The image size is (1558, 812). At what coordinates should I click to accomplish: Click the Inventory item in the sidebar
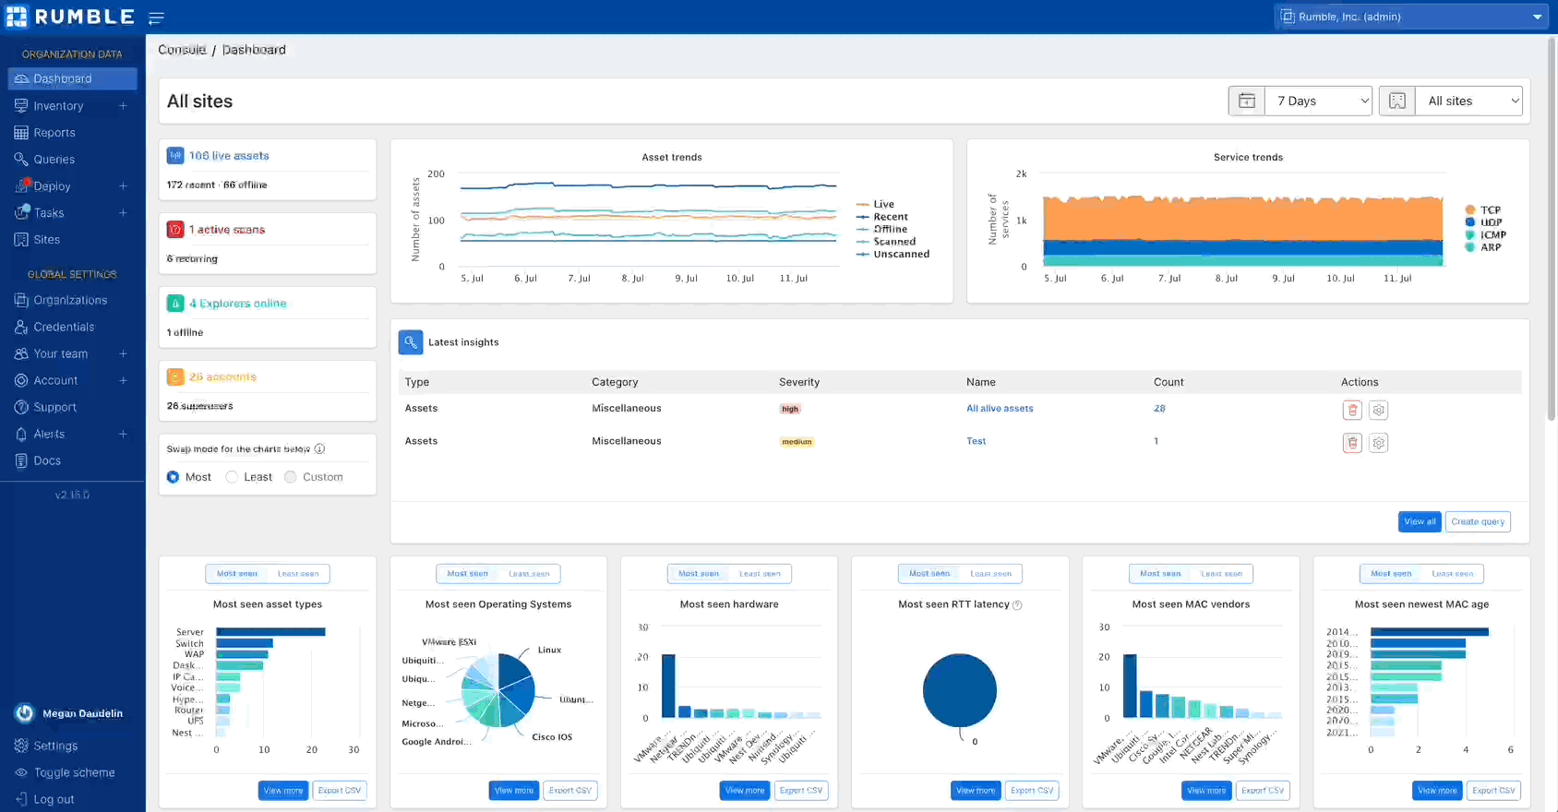[58, 106]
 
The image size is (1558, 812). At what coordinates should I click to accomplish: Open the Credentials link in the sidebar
[64, 327]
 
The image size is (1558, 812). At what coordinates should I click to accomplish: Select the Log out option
[54, 799]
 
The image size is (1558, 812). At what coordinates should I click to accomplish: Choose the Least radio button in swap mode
[233, 477]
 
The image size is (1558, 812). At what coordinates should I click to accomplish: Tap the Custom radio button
[291, 477]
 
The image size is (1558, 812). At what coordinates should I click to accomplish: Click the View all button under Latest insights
[1419, 521]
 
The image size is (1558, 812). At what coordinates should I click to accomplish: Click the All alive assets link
[1000, 408]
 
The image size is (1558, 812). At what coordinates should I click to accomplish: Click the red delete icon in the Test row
[1352, 443]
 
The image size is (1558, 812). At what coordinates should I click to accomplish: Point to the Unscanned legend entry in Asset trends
[901, 254]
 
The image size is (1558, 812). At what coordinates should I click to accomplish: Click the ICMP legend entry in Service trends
[1492, 234]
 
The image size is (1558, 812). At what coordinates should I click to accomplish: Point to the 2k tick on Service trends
[1021, 173]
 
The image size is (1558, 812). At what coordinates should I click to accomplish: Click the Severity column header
[798, 382]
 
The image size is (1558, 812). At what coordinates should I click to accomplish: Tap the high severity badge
[790, 409]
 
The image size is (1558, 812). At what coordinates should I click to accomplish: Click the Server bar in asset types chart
[270, 632]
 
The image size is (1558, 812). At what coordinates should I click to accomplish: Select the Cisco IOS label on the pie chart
[552, 737]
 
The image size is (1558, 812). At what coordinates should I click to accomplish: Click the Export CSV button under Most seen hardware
[800, 790]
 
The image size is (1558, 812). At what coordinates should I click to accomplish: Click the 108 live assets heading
[229, 156]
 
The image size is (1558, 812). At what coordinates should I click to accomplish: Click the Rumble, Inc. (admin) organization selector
[1410, 17]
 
